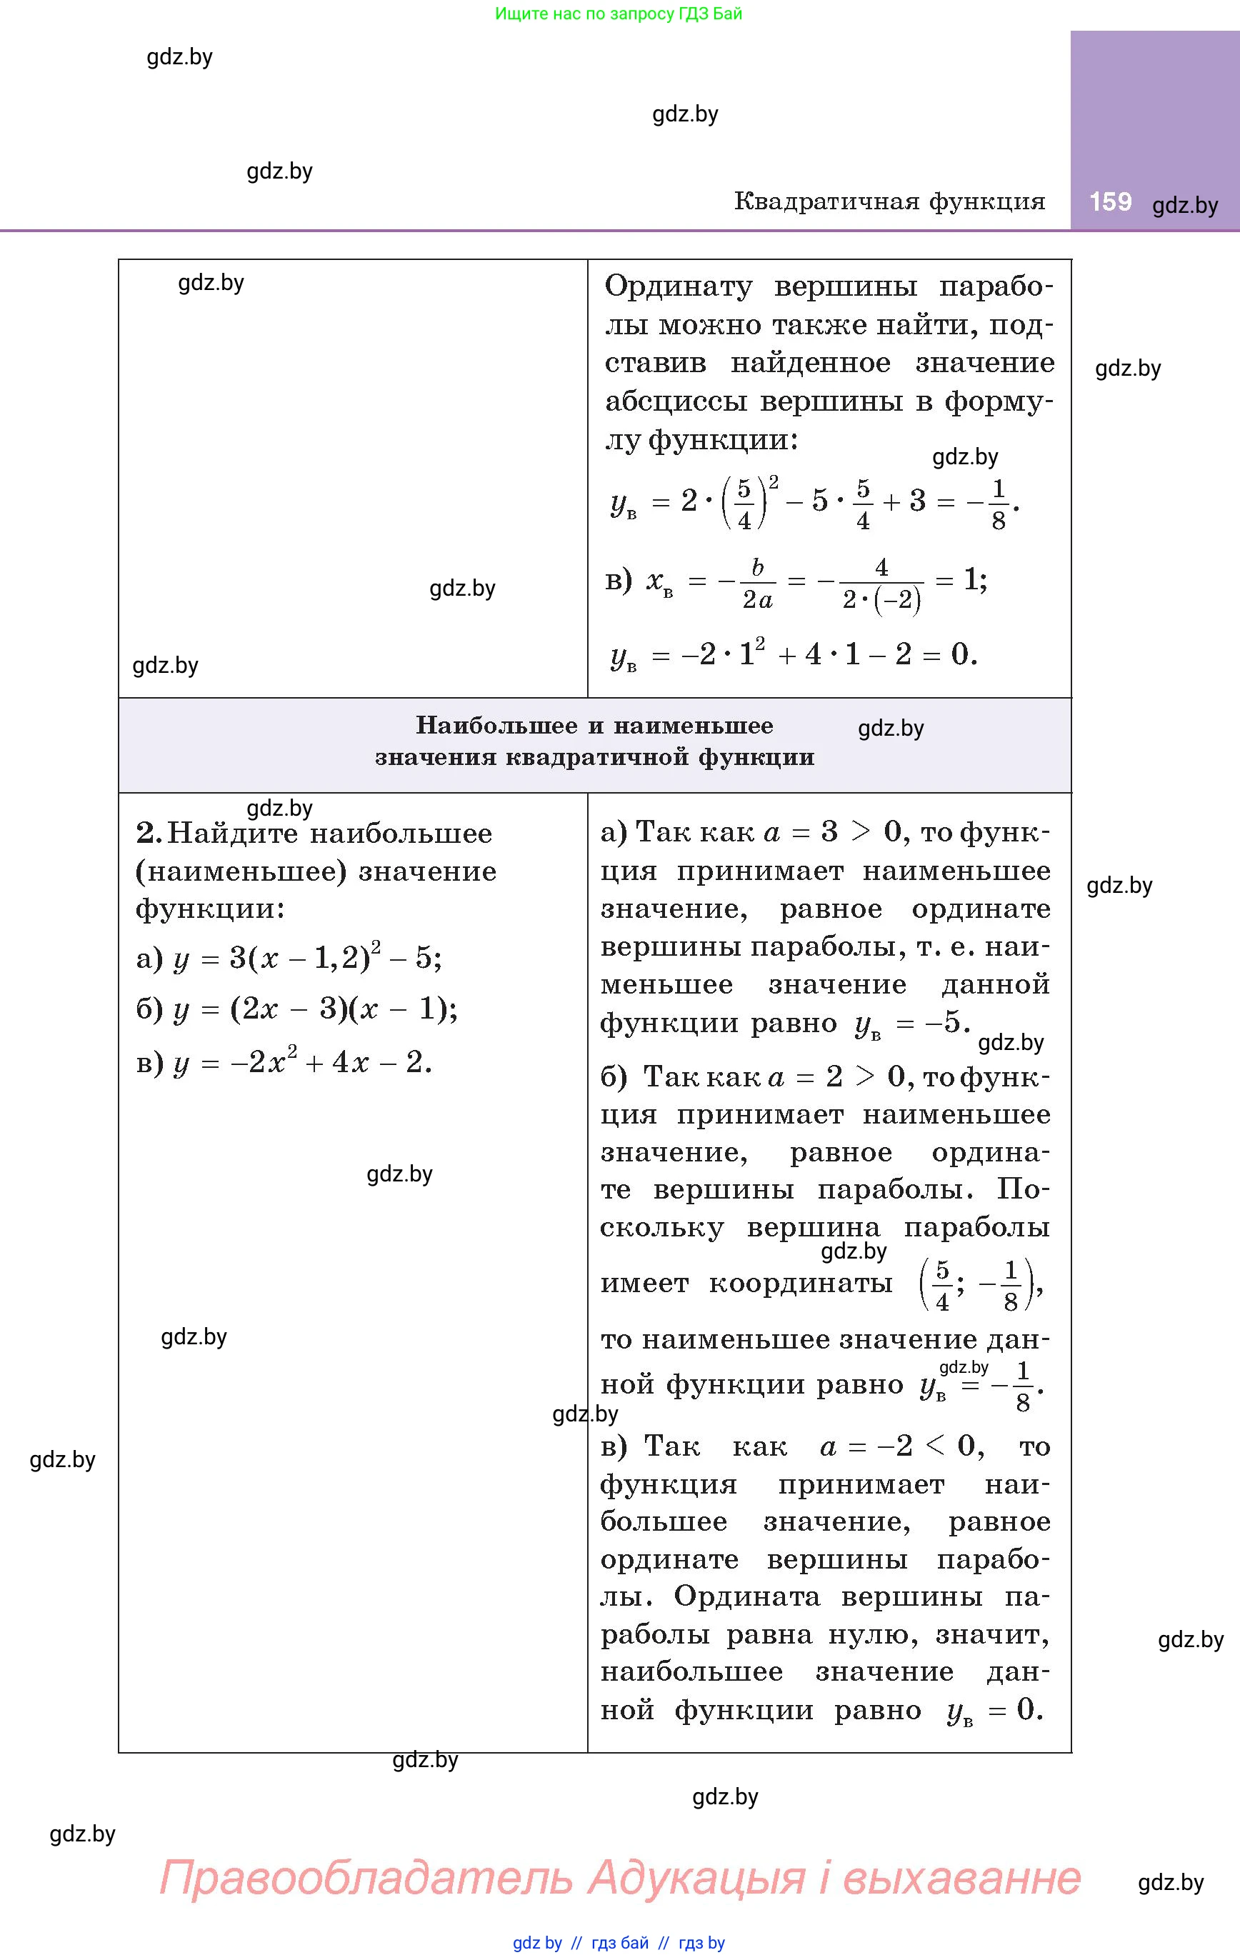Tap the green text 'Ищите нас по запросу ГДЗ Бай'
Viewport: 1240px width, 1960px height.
pyautogui.click(x=619, y=14)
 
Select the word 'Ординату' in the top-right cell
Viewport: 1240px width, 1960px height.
pyautogui.click(x=678, y=286)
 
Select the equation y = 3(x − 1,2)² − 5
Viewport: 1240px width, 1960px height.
pyautogui.click(x=308, y=957)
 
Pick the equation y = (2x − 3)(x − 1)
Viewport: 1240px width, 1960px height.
pyautogui.click(x=316, y=1009)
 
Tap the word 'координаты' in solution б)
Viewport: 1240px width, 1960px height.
pyautogui.click(x=800, y=1284)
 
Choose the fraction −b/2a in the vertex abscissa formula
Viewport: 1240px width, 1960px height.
pyautogui.click(x=746, y=584)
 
